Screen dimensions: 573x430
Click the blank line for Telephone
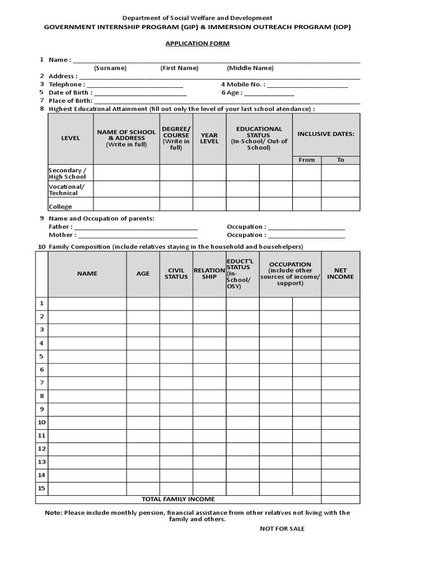[x=135, y=85]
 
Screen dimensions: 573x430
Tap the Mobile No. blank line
[x=307, y=85]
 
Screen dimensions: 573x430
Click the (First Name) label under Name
[x=179, y=68]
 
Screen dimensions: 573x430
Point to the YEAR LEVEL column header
[x=209, y=138]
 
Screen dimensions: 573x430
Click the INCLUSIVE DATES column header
[x=326, y=134]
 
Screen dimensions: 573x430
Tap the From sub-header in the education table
[x=307, y=160]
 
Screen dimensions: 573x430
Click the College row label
[x=60, y=206]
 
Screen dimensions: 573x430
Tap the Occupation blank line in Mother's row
[x=306, y=236]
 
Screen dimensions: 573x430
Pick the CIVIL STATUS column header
[x=176, y=274]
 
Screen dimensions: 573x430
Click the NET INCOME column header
[x=340, y=274]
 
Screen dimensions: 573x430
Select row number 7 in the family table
[x=41, y=383]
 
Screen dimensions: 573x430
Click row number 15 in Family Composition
[x=41, y=488]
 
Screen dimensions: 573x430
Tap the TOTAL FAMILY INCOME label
[x=178, y=499]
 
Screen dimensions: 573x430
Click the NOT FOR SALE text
[x=282, y=529]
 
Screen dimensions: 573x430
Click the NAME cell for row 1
[x=87, y=304]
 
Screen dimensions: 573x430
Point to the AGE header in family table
[x=143, y=274]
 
